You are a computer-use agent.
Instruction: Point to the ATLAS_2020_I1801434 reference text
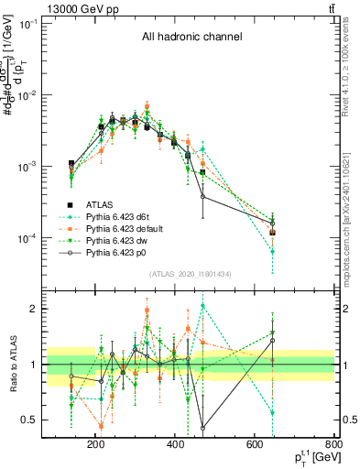(x=191, y=274)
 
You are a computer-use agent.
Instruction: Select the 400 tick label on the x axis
(x=174, y=445)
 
